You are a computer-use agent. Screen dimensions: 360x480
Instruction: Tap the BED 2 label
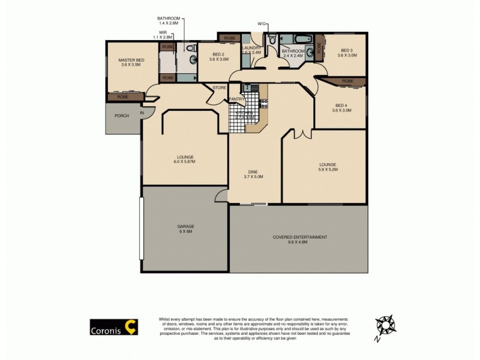point(218,56)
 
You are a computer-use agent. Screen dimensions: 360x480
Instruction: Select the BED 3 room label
point(347,53)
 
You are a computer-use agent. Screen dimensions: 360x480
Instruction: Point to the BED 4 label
point(342,108)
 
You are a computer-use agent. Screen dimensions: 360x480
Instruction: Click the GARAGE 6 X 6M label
point(185,229)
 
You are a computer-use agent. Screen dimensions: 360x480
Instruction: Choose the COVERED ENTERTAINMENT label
point(300,239)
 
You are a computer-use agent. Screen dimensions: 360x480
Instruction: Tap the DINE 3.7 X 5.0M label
point(254,174)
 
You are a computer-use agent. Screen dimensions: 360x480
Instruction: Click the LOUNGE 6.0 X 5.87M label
point(185,160)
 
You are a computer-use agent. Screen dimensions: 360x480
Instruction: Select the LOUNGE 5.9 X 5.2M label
point(328,167)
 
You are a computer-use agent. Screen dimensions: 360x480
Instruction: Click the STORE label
point(220,89)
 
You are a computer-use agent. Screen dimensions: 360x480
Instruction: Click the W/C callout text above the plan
point(262,24)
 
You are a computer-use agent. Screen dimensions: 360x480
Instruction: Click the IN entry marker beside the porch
point(143,113)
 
